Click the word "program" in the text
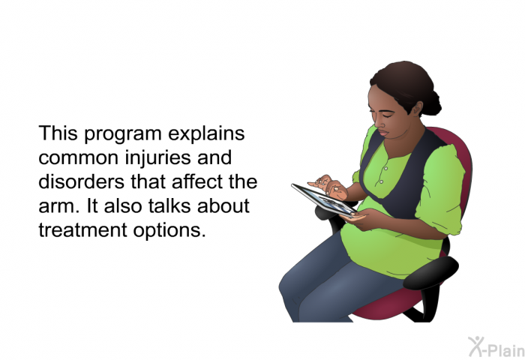point(123,134)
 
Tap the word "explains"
point(206,133)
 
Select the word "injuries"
point(158,158)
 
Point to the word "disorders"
point(82,181)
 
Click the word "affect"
point(196,181)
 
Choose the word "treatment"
point(83,230)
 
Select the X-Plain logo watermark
point(496,346)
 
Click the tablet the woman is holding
point(324,200)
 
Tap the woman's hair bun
point(431,103)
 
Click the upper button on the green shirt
point(386,168)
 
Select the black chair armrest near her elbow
point(430,272)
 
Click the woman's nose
point(378,123)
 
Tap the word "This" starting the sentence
point(58,133)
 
